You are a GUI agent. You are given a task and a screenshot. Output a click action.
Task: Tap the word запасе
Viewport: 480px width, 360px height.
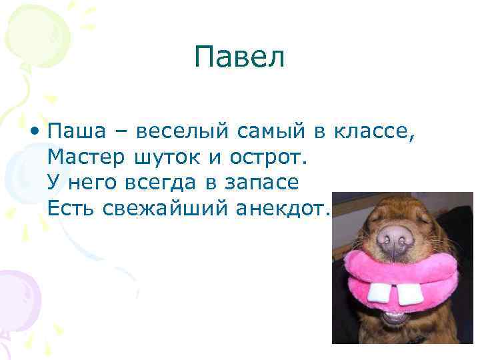pos(261,183)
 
